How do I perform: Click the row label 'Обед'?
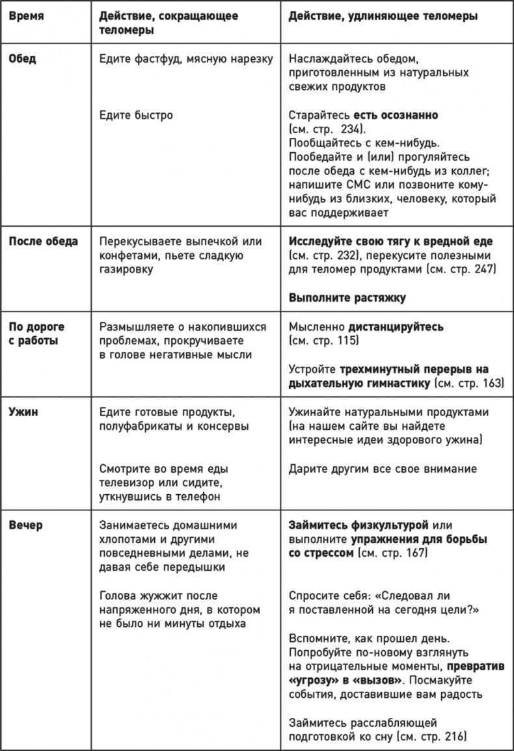22,58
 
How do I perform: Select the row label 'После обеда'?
43,241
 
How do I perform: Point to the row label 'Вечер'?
25,525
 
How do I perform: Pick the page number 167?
414,553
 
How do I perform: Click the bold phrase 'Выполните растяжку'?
347,298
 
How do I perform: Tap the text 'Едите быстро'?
136,115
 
